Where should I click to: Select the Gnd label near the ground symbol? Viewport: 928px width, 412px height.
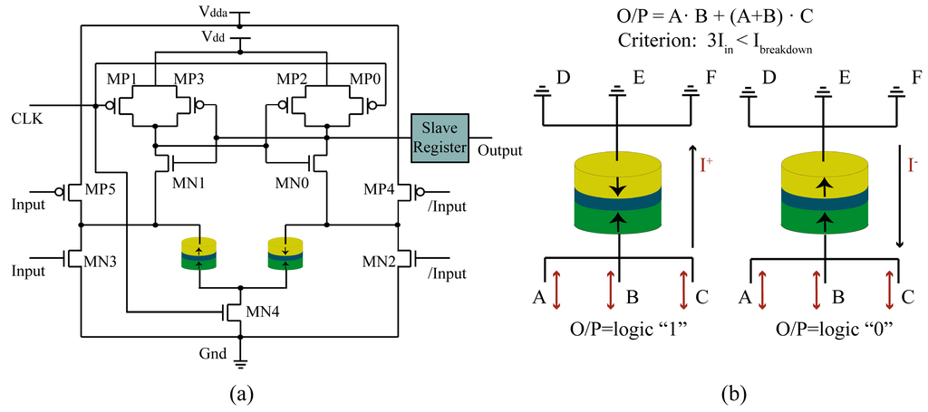tap(213, 354)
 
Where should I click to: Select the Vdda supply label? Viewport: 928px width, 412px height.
tap(214, 10)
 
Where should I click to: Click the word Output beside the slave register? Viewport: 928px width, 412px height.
tap(500, 150)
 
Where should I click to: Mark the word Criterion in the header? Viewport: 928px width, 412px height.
tap(646, 42)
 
